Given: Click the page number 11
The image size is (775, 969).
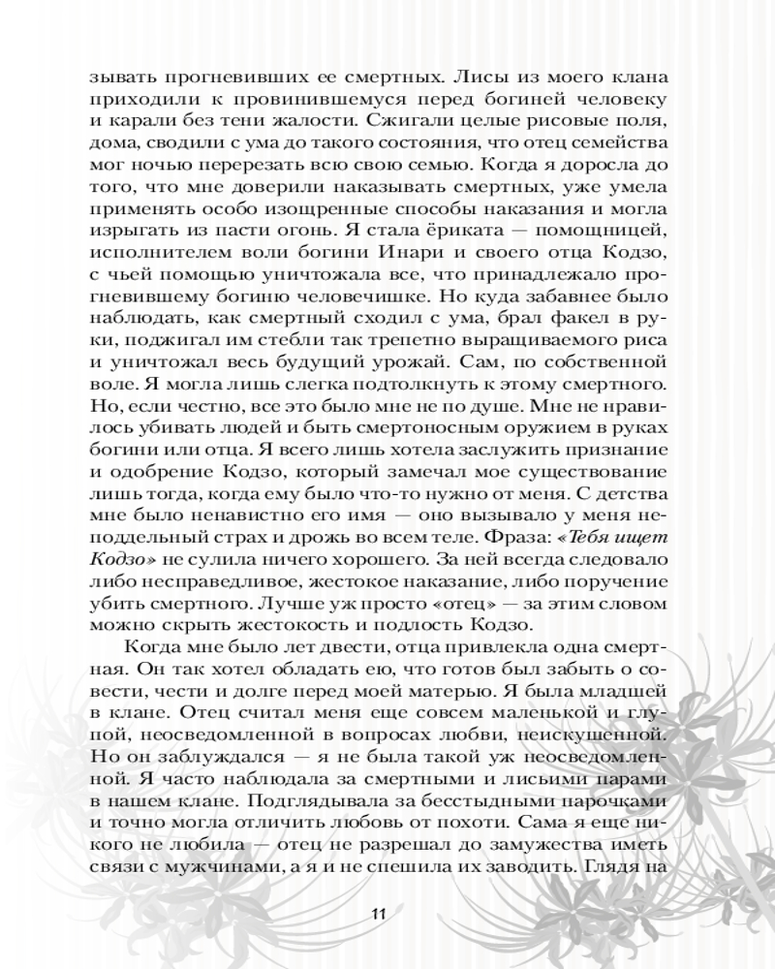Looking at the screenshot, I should [x=379, y=913].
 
